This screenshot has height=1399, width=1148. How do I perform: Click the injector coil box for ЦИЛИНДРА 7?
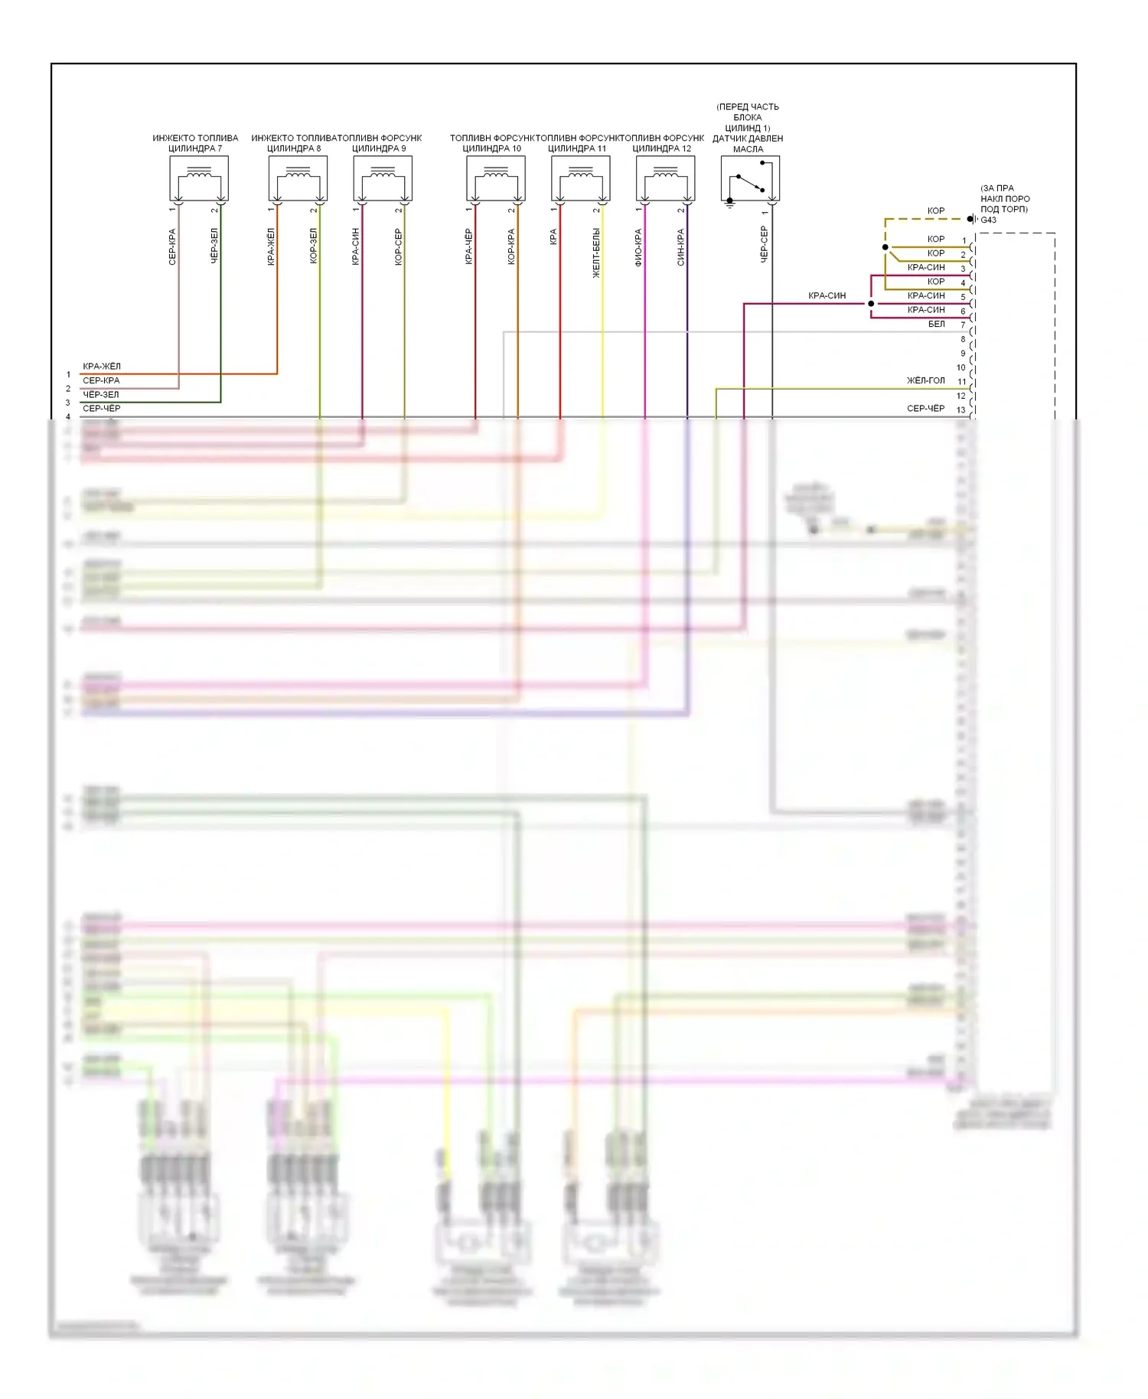point(199,178)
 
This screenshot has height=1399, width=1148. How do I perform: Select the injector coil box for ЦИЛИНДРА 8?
point(298,178)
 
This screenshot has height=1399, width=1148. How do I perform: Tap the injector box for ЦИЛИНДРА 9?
point(383,178)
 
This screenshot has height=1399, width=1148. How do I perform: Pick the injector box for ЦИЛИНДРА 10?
point(496,178)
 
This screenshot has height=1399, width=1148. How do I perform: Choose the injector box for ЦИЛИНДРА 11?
point(581,178)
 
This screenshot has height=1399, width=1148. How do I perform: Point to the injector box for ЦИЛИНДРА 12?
point(665,178)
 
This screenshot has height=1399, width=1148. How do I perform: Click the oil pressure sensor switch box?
point(750,179)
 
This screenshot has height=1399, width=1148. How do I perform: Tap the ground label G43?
point(989,220)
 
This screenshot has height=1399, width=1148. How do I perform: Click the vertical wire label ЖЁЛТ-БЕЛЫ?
point(596,253)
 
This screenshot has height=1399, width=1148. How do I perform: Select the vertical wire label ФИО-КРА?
point(638,247)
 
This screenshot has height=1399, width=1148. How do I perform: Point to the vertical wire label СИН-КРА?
point(681,247)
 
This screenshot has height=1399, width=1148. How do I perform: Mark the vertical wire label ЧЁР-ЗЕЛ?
point(214,246)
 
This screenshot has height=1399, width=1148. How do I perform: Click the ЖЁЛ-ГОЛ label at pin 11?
point(925,380)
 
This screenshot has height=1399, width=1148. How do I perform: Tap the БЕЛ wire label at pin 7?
point(936,324)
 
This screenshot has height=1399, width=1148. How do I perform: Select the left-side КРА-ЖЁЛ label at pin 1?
point(102,367)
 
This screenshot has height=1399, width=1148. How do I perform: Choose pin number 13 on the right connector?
point(960,410)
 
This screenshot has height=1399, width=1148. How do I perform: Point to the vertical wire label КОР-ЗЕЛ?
point(313,246)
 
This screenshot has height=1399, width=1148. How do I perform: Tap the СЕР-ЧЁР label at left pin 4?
point(102,409)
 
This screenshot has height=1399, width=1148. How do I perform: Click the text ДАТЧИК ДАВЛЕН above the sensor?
point(748,139)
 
